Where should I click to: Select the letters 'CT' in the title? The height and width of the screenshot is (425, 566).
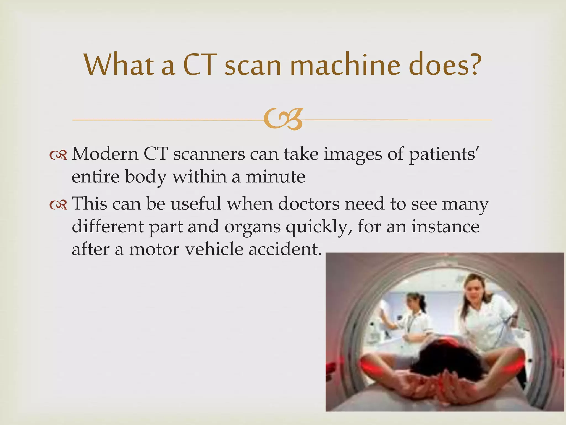[x=198, y=65]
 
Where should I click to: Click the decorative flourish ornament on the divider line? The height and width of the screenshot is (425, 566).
[x=282, y=120]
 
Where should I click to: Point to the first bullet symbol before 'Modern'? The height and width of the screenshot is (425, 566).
[x=58, y=156]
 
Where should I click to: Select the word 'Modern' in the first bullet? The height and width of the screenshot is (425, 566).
[x=105, y=154]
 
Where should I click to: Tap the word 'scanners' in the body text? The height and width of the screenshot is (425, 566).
[x=209, y=154]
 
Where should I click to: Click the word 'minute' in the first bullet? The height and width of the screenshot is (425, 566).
[x=276, y=177]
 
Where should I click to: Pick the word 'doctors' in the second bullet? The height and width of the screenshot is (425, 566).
[x=309, y=204]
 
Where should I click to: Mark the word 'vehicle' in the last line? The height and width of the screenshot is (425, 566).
[x=214, y=249]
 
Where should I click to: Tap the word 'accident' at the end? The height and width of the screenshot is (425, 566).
[x=285, y=249]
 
